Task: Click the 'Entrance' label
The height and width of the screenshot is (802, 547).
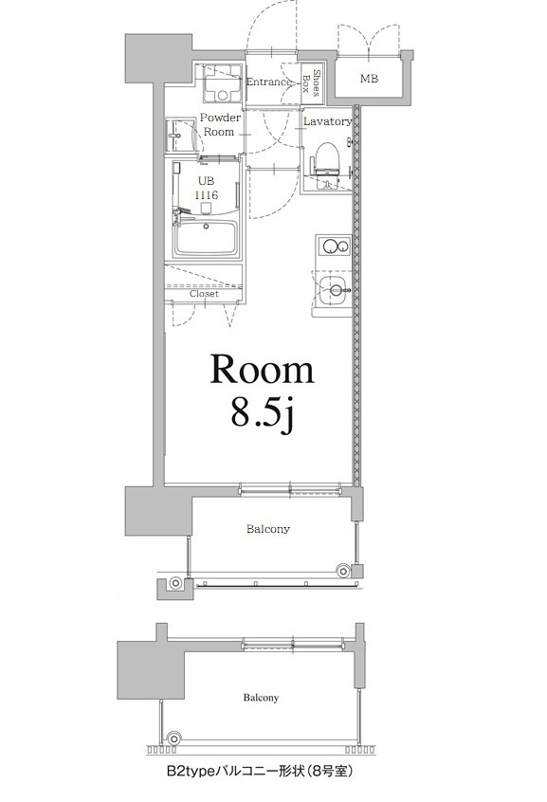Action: tap(268, 82)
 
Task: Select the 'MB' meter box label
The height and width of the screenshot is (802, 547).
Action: tap(369, 80)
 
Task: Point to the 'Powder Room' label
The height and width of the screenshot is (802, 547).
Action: tap(218, 125)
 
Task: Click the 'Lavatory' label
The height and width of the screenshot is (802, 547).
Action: tap(328, 121)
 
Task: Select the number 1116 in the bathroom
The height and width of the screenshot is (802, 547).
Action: tap(206, 194)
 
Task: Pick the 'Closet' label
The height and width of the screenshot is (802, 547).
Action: tap(204, 294)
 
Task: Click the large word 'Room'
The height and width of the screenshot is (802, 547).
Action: tap(262, 370)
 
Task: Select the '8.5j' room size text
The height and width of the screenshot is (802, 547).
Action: tap(263, 413)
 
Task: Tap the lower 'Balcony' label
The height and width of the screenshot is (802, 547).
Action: tap(259, 698)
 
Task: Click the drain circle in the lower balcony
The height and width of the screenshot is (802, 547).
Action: tap(173, 738)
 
